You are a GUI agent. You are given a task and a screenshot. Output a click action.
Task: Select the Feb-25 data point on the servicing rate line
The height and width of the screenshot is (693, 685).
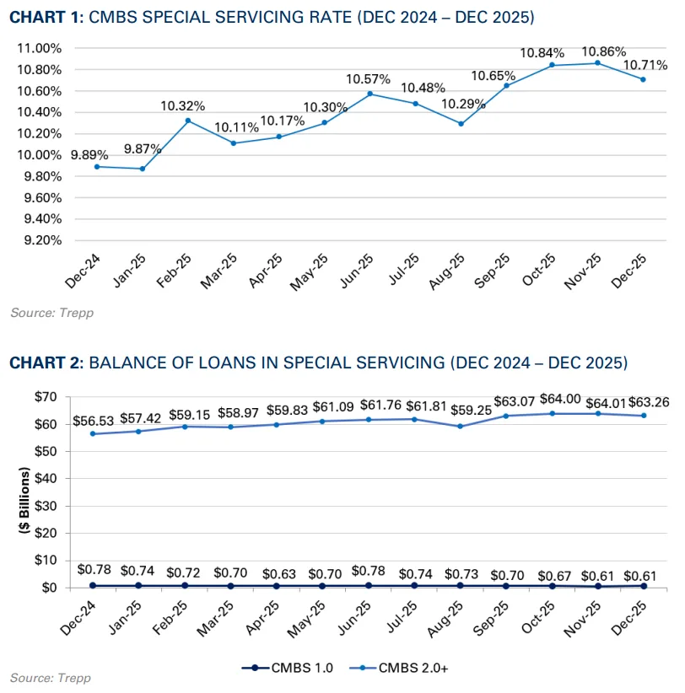pyautogui.click(x=189, y=121)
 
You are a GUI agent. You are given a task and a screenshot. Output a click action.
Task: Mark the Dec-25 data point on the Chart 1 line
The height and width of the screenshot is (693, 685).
pyautogui.click(x=644, y=79)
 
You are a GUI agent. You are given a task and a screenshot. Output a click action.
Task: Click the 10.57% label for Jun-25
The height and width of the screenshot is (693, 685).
pyautogui.click(x=368, y=78)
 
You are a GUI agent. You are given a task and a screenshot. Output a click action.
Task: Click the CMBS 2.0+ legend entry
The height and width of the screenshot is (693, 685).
pyautogui.click(x=395, y=668)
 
